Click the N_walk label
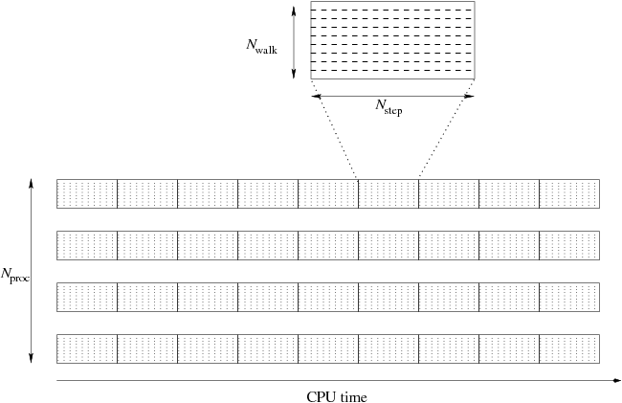tap(261, 44)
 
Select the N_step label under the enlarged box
tap(389, 107)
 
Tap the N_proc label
tap(15, 276)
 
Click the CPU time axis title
tap(337, 395)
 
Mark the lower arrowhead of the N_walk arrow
tap(293, 76)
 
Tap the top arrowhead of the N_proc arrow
tap(32, 182)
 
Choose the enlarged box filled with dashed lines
tap(392, 41)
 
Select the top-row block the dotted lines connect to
tap(389, 193)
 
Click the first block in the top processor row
tap(87, 193)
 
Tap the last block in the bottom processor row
tap(569, 348)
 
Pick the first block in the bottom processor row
tap(87, 348)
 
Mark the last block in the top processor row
tap(569, 193)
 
